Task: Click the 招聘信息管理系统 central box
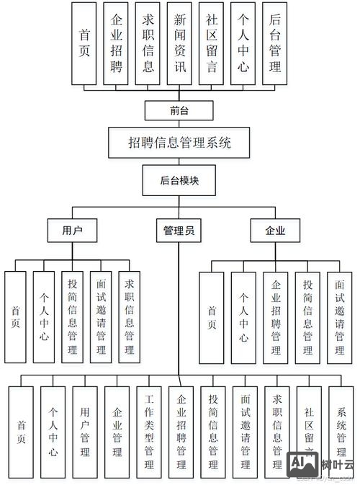[x=179, y=143]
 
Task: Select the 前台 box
[x=179, y=110]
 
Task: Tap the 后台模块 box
[x=179, y=181]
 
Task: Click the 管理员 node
[x=179, y=231]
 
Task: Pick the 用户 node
[x=72, y=231]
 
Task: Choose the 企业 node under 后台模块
[x=276, y=231]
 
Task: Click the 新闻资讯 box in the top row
[x=180, y=43]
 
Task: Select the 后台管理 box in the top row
[x=274, y=43]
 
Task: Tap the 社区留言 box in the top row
[x=212, y=43]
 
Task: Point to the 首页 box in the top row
[x=85, y=43]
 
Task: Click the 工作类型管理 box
[x=149, y=431]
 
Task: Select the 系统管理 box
[x=341, y=431]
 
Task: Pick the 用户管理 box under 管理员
[x=85, y=431]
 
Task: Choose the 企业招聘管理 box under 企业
[x=276, y=316]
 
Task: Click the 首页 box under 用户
[x=16, y=316]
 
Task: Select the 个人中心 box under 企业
[x=244, y=316]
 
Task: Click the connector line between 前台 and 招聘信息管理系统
[x=179, y=124]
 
